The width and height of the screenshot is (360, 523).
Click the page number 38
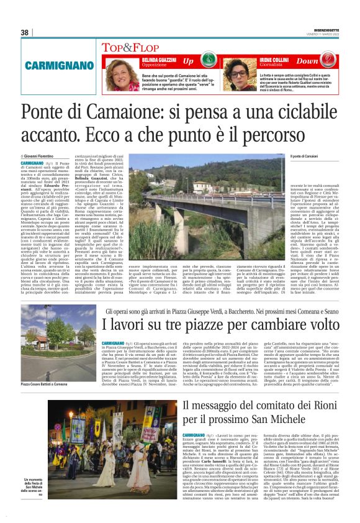(25, 32)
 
